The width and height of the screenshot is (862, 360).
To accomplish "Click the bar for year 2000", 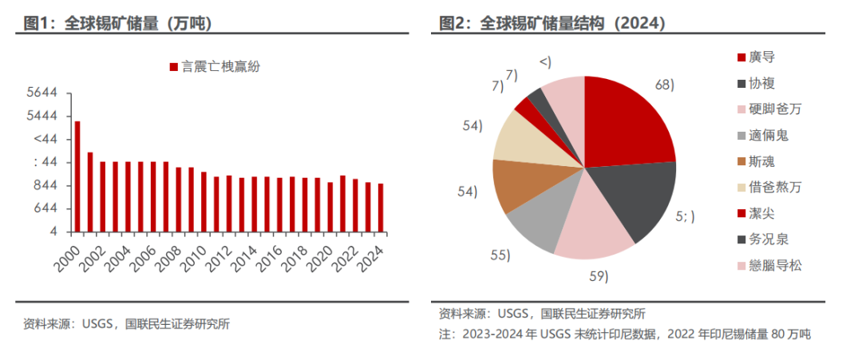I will (x=77, y=176).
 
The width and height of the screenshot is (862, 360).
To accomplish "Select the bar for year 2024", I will (x=381, y=208).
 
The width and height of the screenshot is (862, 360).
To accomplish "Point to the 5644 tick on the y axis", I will (x=41, y=93).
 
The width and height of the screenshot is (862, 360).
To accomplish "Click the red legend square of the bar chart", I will (x=172, y=68).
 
